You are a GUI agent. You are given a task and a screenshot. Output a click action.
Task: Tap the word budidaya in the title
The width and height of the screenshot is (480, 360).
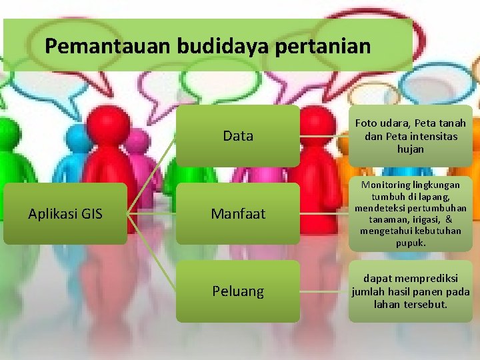coord(224,46)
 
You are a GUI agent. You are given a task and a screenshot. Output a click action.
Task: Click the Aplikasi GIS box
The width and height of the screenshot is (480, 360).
coord(65,214)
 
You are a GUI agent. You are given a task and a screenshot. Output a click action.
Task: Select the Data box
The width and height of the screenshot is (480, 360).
coord(238,136)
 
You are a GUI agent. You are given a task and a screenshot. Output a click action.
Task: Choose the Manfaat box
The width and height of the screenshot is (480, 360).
coord(238,214)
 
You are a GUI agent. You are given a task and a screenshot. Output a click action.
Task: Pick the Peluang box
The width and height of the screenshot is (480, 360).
coord(238,291)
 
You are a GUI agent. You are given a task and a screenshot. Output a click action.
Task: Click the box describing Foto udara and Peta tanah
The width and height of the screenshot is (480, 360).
coord(410,136)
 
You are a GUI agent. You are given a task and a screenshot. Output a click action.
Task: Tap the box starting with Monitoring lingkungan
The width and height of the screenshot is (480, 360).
coord(410,214)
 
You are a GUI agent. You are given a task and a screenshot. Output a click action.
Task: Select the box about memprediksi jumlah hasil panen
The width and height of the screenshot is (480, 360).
coord(410,291)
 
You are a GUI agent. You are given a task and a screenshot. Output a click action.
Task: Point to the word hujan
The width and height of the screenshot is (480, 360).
coord(410,149)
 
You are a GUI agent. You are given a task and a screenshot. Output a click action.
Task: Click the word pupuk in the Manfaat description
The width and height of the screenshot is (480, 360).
coord(410,243)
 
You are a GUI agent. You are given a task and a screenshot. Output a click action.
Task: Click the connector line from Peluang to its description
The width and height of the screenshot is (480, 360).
coord(324,291)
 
